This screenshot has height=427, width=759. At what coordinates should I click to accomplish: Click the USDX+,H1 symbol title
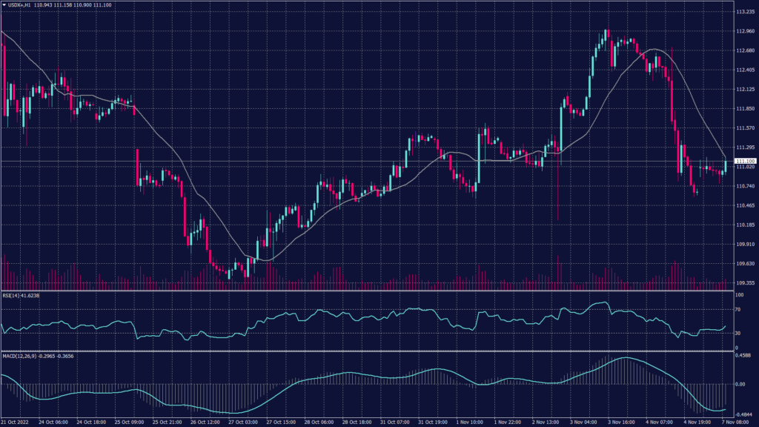[x=21, y=5]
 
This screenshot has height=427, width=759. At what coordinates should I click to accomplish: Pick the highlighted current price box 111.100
[x=744, y=161]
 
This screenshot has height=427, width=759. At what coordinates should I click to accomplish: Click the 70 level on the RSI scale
[x=738, y=309]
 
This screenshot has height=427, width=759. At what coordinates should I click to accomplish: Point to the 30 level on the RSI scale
[x=738, y=334]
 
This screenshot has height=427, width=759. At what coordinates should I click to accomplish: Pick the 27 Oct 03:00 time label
[x=242, y=422]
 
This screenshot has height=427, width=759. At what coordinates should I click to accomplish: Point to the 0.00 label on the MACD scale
[x=740, y=384]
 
